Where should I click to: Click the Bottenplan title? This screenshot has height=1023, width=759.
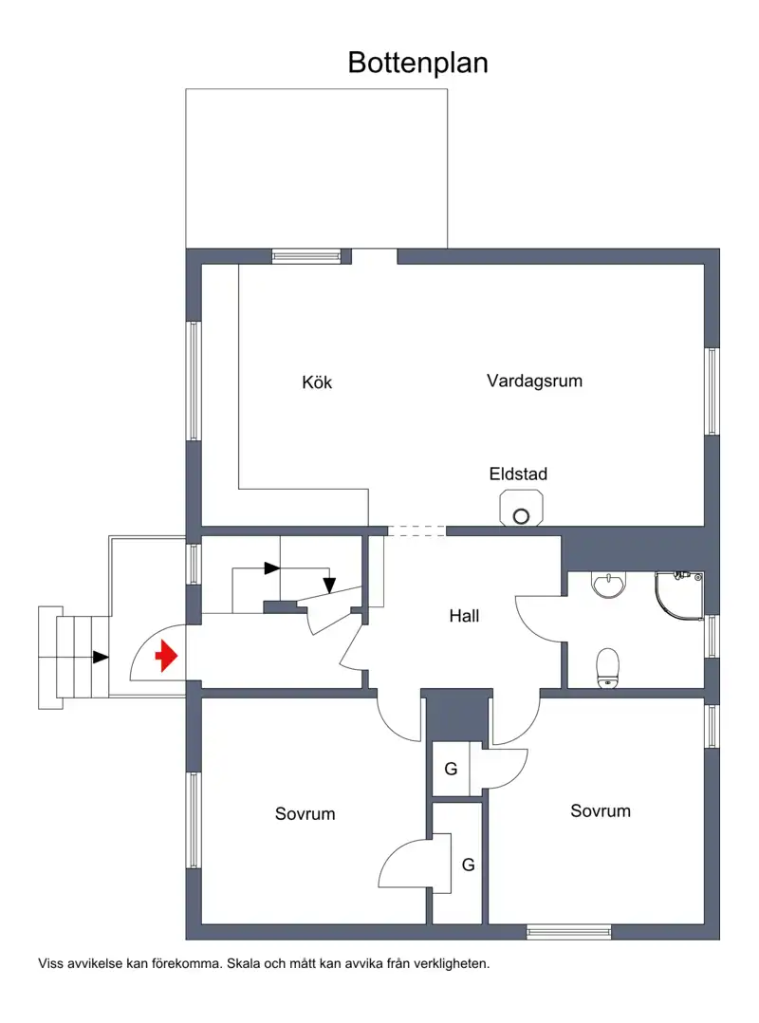(x=418, y=64)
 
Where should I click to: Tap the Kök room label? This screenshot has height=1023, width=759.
(x=317, y=381)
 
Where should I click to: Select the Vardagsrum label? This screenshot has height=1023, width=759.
(x=535, y=381)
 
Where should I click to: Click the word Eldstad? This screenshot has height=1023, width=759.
(x=518, y=474)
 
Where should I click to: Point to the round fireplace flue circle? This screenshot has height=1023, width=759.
(x=521, y=516)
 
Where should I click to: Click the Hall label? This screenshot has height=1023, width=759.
(x=464, y=616)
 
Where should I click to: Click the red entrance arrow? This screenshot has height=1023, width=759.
(x=166, y=656)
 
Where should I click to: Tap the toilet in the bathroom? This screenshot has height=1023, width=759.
(x=608, y=668)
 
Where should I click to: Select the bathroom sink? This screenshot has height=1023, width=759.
(x=608, y=584)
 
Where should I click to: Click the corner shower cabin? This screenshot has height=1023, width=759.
(x=679, y=596)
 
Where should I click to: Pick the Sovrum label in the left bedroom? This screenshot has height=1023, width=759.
(x=305, y=813)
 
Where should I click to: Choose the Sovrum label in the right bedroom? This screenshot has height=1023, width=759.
(x=601, y=811)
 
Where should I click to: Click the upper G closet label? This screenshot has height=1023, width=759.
(x=451, y=770)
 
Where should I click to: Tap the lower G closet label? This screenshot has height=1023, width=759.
(x=468, y=865)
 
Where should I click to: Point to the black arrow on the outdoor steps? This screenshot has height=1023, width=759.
(x=101, y=657)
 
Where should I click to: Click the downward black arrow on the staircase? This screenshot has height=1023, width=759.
(x=329, y=586)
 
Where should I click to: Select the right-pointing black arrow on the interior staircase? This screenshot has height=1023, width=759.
(x=272, y=568)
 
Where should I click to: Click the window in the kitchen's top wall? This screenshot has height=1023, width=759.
(x=306, y=256)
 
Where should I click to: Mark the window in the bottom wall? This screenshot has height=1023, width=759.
(x=569, y=932)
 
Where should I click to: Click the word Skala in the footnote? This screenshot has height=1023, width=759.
(x=242, y=963)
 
